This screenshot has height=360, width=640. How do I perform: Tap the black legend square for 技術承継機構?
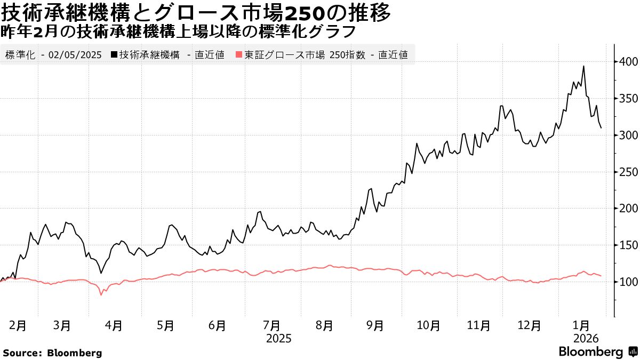tap(114, 54)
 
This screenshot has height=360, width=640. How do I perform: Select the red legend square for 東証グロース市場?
tap(239, 54)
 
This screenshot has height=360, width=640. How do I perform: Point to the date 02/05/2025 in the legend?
tap(74, 54)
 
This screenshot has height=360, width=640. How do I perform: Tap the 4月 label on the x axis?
tap(114, 325)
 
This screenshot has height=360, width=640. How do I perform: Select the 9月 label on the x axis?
tap(375, 325)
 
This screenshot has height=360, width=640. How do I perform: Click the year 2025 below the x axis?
tap(278, 338)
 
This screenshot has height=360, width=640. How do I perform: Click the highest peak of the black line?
tap(583, 66)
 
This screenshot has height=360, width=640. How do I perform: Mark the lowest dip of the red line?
tap(101, 295)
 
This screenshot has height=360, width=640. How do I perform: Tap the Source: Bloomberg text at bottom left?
tap(52, 353)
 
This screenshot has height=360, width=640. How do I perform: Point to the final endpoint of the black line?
tap(601, 128)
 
